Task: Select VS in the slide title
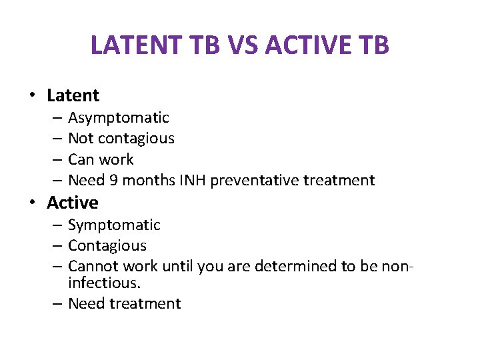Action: click(x=244, y=45)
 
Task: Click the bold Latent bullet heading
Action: click(x=73, y=95)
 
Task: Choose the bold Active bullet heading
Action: click(x=72, y=203)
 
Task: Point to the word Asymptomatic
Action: click(x=119, y=118)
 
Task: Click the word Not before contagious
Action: click(x=81, y=139)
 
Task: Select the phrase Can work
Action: click(x=101, y=159)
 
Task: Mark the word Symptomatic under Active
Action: click(x=114, y=225)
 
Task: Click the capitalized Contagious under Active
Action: click(x=107, y=246)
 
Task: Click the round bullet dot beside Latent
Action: click(x=33, y=96)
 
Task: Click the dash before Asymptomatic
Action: click(x=56, y=119)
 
